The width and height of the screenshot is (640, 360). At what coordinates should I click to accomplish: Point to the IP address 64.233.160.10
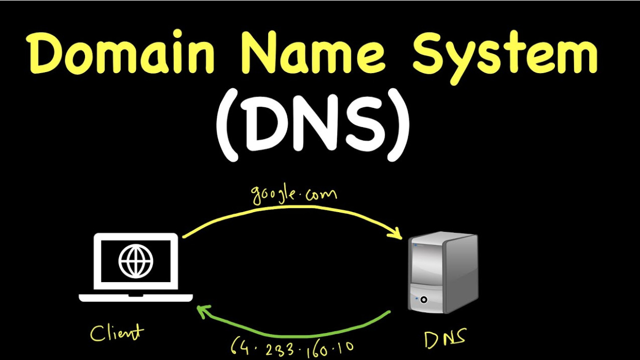click(293, 346)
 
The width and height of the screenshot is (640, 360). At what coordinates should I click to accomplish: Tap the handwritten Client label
click(116, 332)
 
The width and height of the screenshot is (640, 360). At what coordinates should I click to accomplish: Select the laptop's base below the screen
click(136, 297)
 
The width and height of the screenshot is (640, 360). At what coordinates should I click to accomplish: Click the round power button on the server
click(424, 299)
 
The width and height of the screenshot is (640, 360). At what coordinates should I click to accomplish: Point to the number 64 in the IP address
click(239, 345)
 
